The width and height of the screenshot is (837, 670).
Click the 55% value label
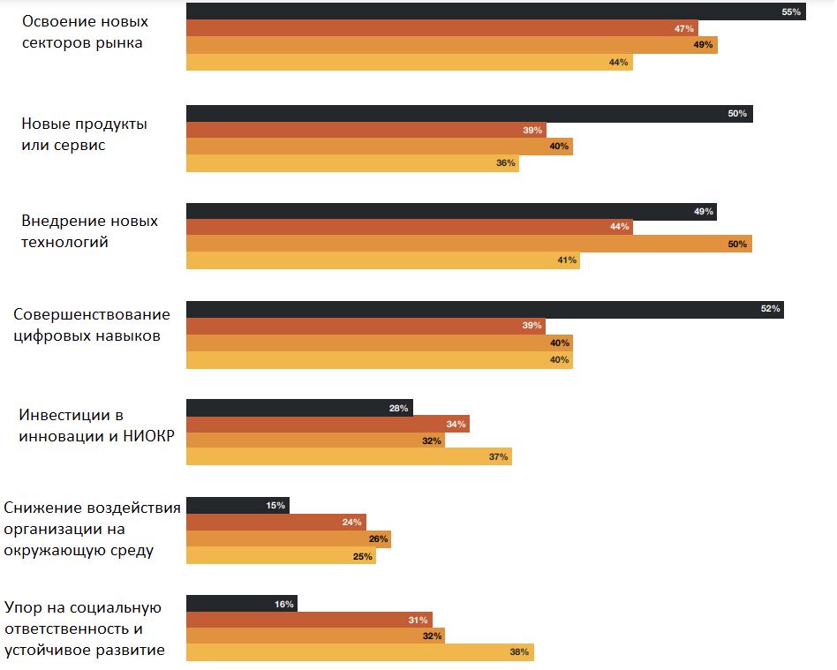point(790,12)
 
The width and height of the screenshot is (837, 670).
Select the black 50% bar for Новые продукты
point(468,114)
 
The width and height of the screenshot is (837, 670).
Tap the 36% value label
point(506,163)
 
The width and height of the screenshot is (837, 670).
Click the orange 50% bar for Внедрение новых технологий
point(468,244)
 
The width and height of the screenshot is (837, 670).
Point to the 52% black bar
point(484,309)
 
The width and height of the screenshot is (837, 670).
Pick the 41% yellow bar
point(382,260)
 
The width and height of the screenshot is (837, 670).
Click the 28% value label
point(398,408)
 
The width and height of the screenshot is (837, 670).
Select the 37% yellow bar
point(349,456)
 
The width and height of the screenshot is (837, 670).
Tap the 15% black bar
point(237,506)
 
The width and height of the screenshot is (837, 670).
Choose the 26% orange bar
point(288,538)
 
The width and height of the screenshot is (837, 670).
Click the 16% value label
point(283,605)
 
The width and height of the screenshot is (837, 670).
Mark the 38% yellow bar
point(359,652)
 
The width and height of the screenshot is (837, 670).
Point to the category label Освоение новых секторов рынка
point(83,32)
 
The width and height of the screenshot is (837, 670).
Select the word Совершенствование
point(92,315)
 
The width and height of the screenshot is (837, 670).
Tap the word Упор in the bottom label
point(23,607)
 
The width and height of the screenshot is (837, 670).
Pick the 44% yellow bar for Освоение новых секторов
point(409,62)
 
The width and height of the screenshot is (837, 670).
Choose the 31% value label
point(418,620)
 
